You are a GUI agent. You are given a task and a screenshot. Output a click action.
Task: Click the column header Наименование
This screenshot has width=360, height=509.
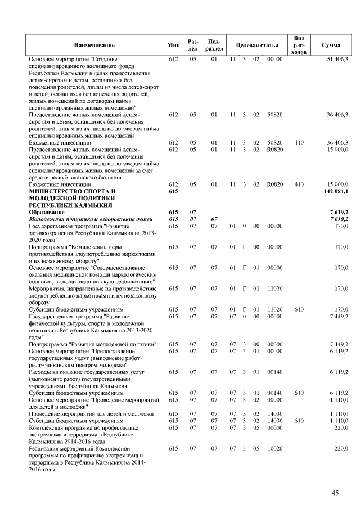click(x=94, y=44)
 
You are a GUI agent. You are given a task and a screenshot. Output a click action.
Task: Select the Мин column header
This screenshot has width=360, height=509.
click(x=173, y=44)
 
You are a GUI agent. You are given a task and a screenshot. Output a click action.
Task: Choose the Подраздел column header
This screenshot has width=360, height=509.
click(x=214, y=44)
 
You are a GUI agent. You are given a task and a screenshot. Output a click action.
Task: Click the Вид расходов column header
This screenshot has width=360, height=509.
click(x=300, y=44)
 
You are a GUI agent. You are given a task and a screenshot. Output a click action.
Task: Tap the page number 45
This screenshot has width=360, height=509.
click(x=335, y=493)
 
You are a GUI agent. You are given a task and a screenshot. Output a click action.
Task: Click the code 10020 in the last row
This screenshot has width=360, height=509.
click(x=274, y=449)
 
